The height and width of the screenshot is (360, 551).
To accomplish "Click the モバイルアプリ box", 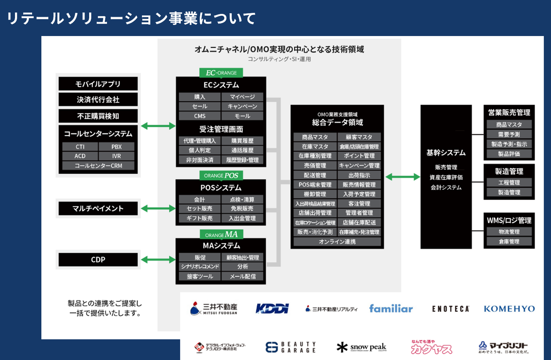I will [98, 84].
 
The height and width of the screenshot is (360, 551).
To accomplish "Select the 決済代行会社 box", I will [98, 100].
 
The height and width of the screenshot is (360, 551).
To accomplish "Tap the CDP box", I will [98, 260].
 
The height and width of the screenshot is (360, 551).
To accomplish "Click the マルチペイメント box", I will [98, 208].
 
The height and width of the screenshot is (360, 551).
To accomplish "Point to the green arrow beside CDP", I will [158, 260].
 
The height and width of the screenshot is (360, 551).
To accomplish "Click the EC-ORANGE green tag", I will [221, 73].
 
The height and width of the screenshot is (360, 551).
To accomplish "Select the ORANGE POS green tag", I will [221, 175].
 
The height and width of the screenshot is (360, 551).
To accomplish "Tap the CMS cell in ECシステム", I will [200, 116].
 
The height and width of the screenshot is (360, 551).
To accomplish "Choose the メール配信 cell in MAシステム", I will [243, 276].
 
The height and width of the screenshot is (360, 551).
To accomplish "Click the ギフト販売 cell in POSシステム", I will [200, 218].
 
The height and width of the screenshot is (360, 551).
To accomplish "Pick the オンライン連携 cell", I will [337, 242].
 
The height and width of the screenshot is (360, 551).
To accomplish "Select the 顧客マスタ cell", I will [359, 137].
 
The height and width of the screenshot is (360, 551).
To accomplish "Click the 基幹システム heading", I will [446, 153].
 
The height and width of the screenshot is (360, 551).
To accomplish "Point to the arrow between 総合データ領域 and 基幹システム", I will [403, 177].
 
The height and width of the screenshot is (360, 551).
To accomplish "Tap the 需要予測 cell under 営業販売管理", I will [509, 134].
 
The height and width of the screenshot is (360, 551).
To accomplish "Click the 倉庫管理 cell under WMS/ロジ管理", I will [509, 242].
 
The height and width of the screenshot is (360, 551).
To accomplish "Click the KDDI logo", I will [272, 308].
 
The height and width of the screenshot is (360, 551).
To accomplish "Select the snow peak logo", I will [362, 347].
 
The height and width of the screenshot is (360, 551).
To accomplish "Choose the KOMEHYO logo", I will [509, 309].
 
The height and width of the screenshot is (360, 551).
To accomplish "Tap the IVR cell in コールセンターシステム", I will [117, 156].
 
